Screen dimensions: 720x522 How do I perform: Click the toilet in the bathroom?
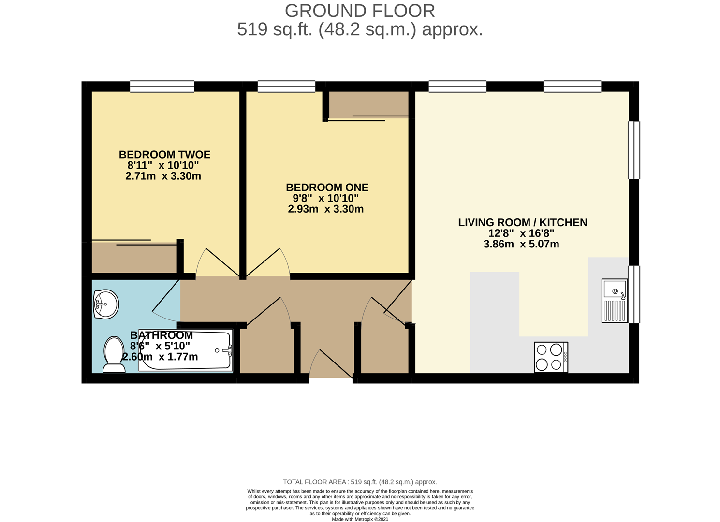[x=114, y=354]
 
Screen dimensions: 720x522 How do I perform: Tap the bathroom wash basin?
[x=106, y=304]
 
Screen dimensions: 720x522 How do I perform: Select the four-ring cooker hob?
[x=551, y=357]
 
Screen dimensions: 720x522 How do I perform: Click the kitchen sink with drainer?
[x=615, y=301]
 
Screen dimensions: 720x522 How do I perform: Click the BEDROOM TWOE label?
[x=164, y=155]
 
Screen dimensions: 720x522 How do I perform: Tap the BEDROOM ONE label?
[x=327, y=187]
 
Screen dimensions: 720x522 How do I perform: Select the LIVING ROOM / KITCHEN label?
[x=523, y=222]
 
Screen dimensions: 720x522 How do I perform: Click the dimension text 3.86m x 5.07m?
[x=521, y=244]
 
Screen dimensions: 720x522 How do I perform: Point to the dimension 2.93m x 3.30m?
[x=325, y=209]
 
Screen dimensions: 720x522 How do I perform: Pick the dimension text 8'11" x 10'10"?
[x=163, y=165]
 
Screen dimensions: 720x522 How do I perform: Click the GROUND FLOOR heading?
[x=360, y=11]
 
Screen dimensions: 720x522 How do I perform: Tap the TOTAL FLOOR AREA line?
[x=360, y=482]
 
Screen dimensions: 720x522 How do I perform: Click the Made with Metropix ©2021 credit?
[x=360, y=519]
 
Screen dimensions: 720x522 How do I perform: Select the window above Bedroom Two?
[x=162, y=86]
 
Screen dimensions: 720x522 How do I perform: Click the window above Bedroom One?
[x=286, y=86]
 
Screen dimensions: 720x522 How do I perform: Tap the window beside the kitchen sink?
[x=634, y=294]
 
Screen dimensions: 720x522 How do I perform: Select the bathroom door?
[x=165, y=300]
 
